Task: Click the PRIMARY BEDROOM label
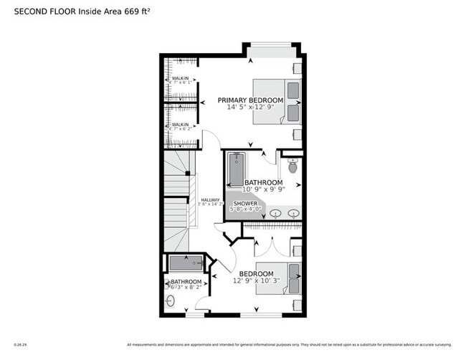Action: pyautogui.click(x=250, y=100)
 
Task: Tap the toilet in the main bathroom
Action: pyautogui.click(x=293, y=167)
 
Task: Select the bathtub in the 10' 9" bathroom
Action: pyautogui.click(x=235, y=169)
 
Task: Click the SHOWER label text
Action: pyautogui.click(x=244, y=204)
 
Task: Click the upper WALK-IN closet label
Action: pyautogui.click(x=180, y=78)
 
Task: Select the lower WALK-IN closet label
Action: pyautogui.click(x=180, y=125)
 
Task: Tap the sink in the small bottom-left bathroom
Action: pyautogui.click(x=171, y=300)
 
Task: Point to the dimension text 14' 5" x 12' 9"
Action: pyautogui.click(x=250, y=108)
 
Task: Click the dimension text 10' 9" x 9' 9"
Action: pyautogui.click(x=262, y=190)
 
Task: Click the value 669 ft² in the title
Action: pyautogui.click(x=137, y=12)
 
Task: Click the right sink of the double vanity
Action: pyautogui.click(x=293, y=214)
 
